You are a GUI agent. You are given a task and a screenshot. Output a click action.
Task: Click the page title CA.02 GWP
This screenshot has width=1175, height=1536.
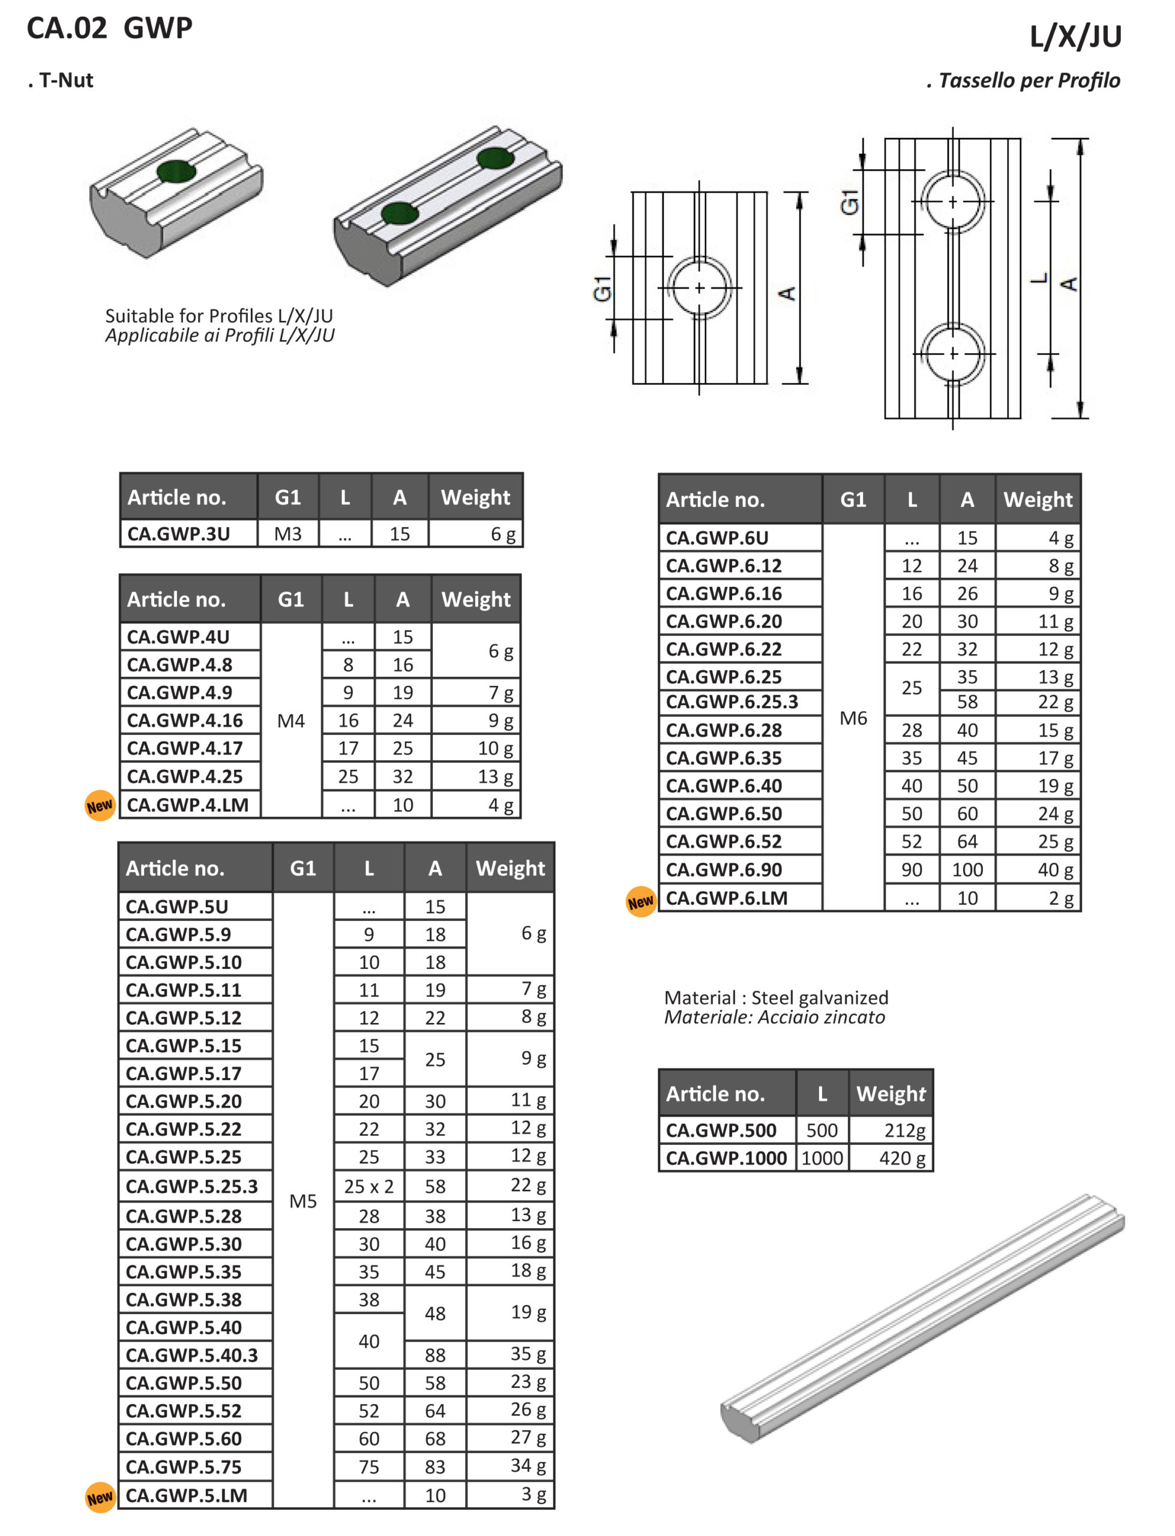coord(109,28)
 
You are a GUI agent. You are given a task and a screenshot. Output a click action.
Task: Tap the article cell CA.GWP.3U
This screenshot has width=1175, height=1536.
coord(178,534)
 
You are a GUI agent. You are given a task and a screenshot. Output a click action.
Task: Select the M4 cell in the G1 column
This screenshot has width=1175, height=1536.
coord(291,720)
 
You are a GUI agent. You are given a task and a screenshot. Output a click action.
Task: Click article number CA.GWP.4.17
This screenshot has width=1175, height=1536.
coord(185,748)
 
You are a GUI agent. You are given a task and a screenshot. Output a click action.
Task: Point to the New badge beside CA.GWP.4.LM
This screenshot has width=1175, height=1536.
coord(99,806)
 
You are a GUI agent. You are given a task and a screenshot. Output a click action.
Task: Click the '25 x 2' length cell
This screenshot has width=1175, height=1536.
coord(368,1186)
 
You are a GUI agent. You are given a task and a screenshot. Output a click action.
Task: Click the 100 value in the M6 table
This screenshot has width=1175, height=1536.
coord(967,870)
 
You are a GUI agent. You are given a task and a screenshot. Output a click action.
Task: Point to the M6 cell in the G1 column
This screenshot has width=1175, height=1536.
coord(853,718)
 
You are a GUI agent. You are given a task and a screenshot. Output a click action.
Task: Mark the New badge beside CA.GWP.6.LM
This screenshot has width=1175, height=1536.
coord(641,902)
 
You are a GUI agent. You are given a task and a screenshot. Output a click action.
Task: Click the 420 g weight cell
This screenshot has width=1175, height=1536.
coord(902,1159)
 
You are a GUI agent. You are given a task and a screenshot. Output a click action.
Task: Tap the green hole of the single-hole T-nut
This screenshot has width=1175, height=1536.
coord(176,171)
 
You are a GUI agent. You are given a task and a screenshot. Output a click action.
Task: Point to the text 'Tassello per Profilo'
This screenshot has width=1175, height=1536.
coord(1028,80)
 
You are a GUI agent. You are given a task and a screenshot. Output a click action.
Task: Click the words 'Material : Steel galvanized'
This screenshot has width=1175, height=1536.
coord(777,998)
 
